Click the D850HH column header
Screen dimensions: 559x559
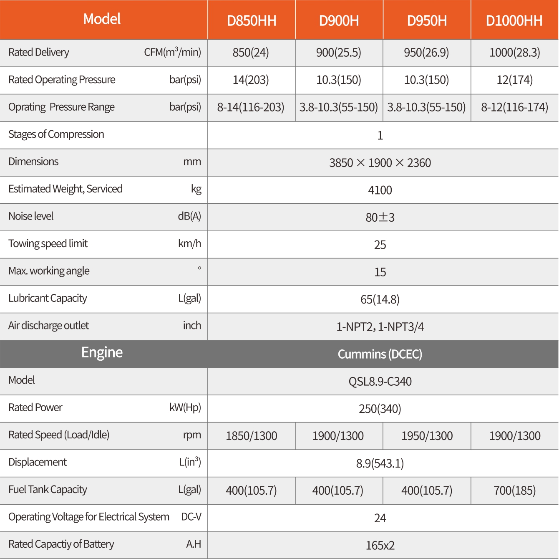pos(252,20)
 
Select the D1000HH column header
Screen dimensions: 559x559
pos(514,20)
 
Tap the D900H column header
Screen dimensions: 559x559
pos(339,20)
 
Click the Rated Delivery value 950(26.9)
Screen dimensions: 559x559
pos(426,53)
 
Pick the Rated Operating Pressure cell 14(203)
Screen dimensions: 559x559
pos(251,80)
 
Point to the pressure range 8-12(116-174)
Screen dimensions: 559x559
pos(514,107)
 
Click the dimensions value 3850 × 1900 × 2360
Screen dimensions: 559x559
pos(380,163)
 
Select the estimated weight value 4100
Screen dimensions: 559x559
pos(380,190)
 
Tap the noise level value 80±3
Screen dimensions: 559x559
pos(380,218)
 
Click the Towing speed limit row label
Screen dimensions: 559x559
pos(48,244)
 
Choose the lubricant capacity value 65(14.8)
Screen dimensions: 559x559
pos(380,299)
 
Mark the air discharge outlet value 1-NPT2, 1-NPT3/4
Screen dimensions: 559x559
pos(380,327)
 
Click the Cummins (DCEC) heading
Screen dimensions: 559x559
pos(380,354)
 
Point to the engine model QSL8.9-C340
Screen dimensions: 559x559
pos(380,382)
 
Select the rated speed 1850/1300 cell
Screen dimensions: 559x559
pos(252,436)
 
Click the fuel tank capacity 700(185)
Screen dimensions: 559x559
pos(514,491)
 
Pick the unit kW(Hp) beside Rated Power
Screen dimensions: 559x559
pos(185,407)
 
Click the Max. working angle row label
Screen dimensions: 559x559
pos(49,271)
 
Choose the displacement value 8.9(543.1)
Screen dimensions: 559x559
pos(380,463)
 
